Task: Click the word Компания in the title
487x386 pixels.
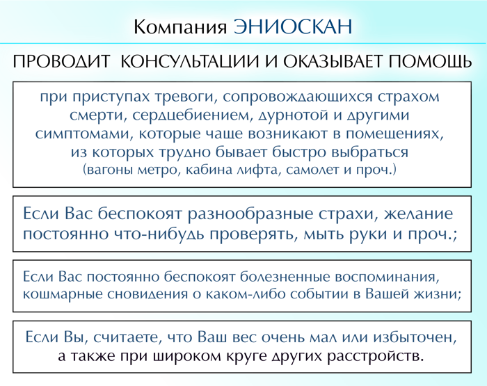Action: point(180,27)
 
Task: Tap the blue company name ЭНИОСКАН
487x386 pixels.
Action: point(293,26)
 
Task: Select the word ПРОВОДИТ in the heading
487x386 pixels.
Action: point(61,61)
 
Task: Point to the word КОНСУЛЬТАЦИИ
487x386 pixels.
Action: point(189,61)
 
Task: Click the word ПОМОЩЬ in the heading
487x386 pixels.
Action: point(430,61)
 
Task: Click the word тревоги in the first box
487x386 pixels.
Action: point(185,97)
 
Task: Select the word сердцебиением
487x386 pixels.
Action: point(189,115)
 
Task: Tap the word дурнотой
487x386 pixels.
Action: point(289,115)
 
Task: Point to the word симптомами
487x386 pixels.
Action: point(83,134)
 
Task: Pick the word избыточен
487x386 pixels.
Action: point(415,337)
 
